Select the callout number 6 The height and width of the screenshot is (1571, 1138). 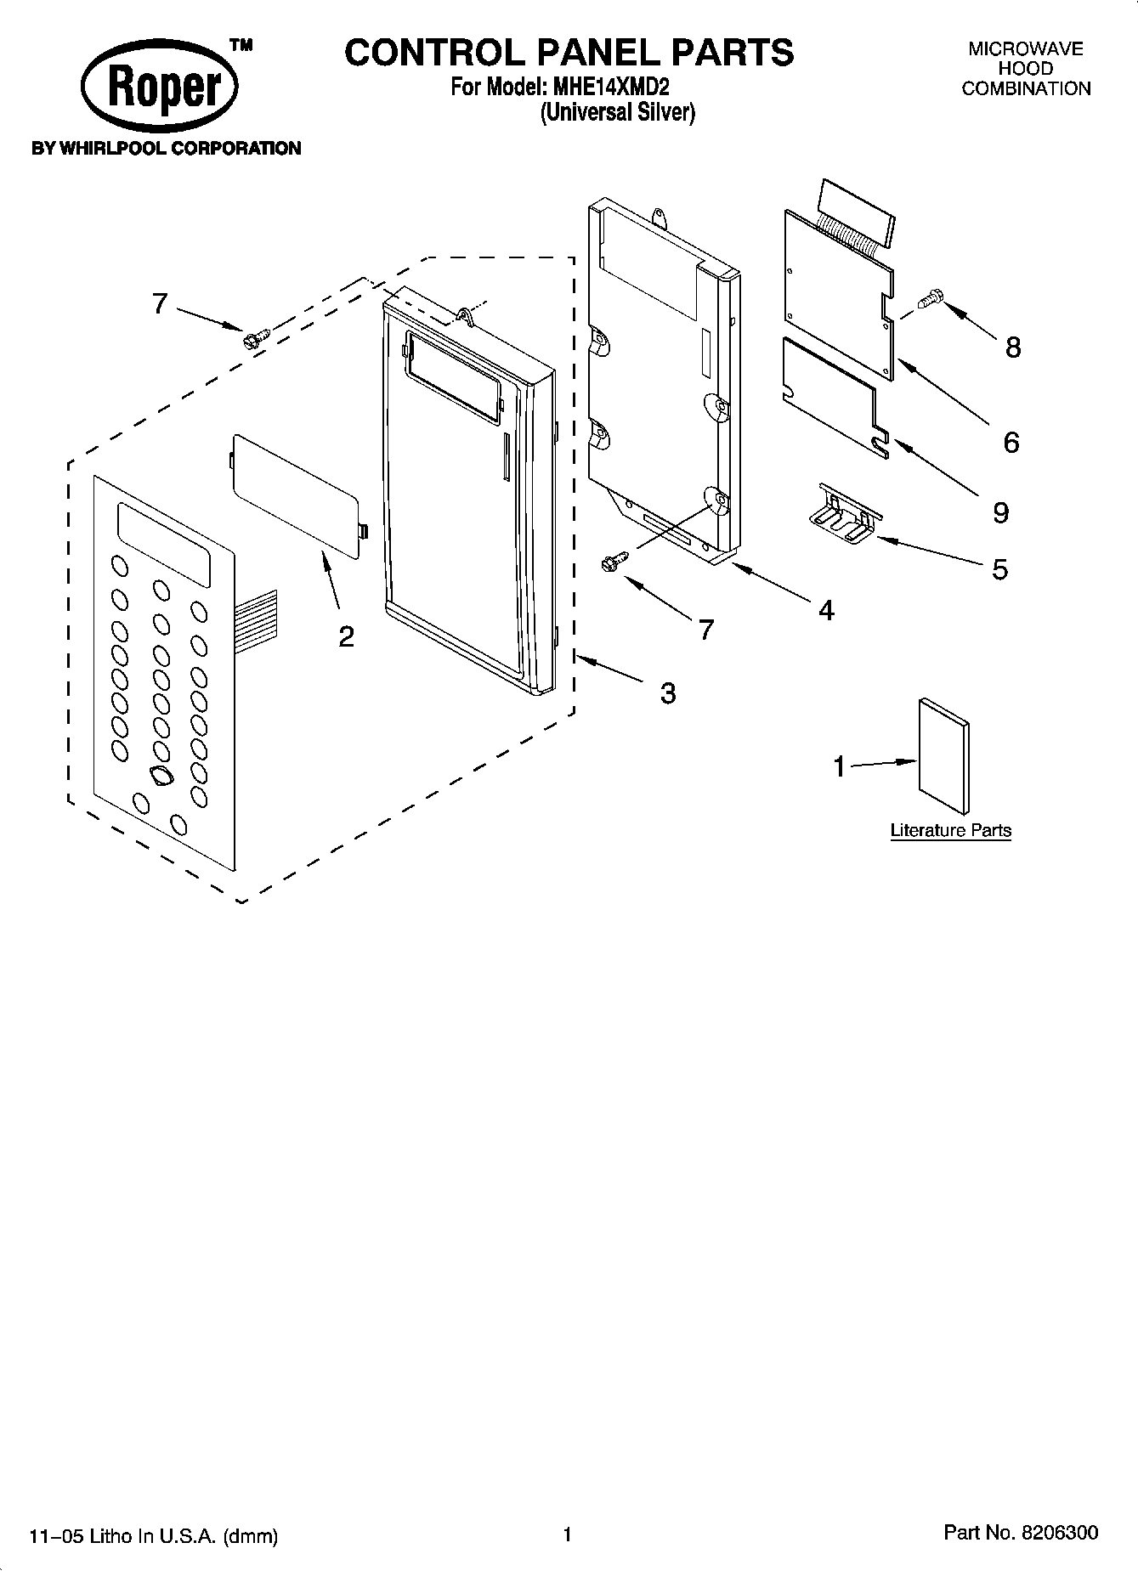coord(1011,442)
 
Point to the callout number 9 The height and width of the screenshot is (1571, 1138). coord(1000,512)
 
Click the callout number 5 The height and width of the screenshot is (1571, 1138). coord(999,568)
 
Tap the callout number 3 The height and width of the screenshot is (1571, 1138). coord(668,693)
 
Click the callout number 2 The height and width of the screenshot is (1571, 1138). coord(346,636)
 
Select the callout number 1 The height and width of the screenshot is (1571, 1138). coord(840,766)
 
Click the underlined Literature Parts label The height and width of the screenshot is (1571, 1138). coord(950,830)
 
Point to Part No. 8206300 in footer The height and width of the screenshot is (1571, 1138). coord(1021,1533)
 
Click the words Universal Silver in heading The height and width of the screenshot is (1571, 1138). coord(618,112)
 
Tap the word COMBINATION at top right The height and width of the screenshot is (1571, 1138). coord(1026,88)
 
